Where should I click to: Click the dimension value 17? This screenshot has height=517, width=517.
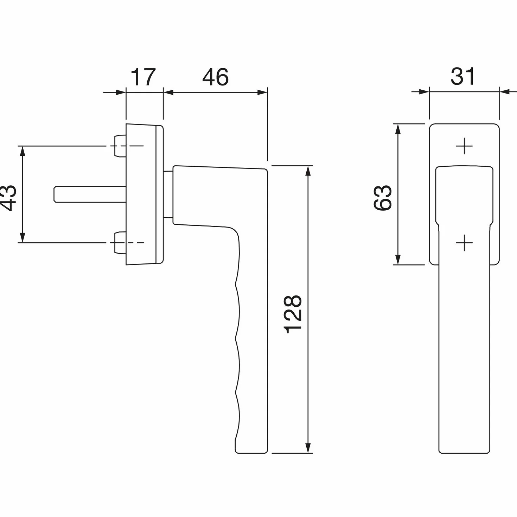143,77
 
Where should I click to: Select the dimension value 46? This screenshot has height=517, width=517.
216,77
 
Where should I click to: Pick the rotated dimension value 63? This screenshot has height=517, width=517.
382,198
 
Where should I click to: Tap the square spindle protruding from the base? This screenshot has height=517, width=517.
90,194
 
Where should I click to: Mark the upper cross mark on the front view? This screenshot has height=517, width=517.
464,146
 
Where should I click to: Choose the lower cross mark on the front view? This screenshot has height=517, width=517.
464,243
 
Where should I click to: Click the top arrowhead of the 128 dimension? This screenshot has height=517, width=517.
308,171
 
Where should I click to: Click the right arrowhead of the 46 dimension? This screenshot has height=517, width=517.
262,92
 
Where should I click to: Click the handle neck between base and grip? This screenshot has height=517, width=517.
168,194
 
